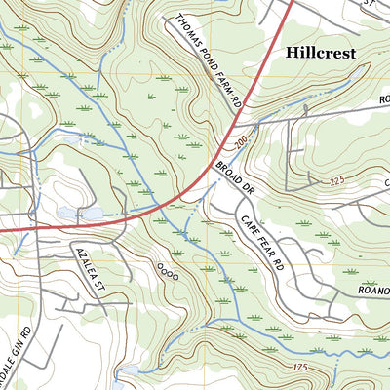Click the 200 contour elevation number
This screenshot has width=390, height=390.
[241, 140]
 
